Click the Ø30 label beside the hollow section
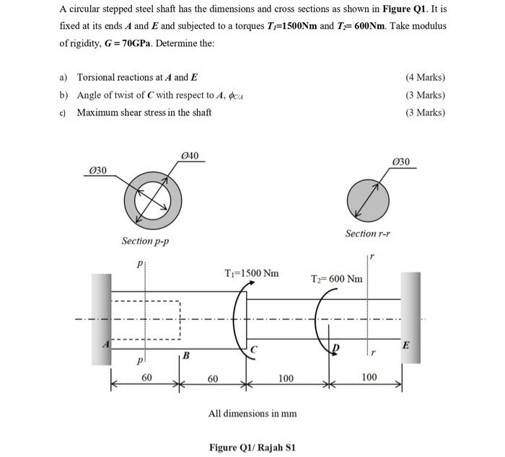pyautogui.click(x=97, y=169)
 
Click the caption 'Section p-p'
pyautogui.click(x=145, y=241)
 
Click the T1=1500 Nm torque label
pyautogui.click(x=251, y=273)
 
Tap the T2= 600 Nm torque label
pyautogui.click(x=336, y=279)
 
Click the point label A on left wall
pyautogui.click(x=104, y=345)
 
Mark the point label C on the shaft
pyautogui.click(x=254, y=350)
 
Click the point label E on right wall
pyautogui.click(x=405, y=345)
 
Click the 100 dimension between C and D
pyautogui.click(x=286, y=378)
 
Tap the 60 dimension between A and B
pyautogui.click(x=146, y=377)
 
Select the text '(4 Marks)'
pyautogui.click(x=425, y=78)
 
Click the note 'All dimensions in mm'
pyautogui.click(x=252, y=413)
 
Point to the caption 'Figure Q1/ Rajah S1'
pyautogui.click(x=252, y=448)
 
